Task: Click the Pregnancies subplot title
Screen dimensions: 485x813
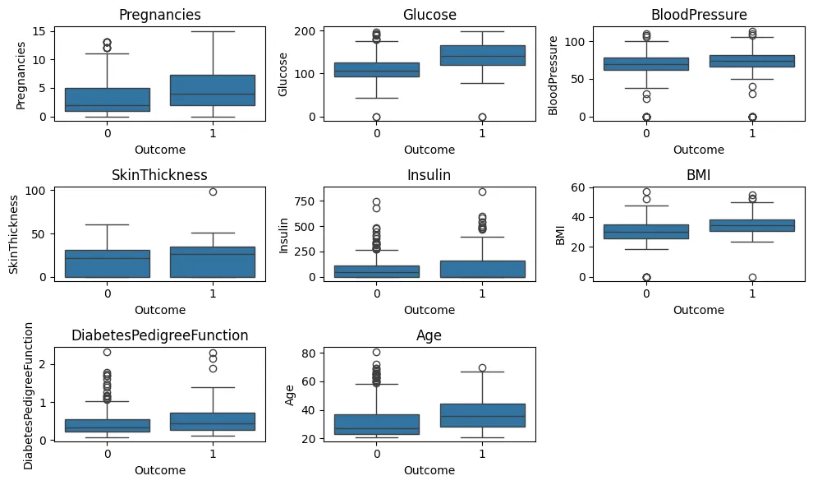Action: click(159, 15)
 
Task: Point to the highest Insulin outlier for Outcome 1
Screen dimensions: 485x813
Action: click(482, 192)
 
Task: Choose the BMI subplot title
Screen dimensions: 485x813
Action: click(699, 175)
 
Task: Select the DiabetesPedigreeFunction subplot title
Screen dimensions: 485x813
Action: click(159, 335)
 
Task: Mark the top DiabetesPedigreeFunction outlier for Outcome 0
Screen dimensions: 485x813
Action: click(107, 352)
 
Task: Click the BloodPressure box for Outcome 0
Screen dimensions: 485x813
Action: click(646, 63)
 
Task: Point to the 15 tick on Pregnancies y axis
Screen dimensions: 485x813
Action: click(42, 31)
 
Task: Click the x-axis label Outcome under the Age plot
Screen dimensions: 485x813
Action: click(429, 470)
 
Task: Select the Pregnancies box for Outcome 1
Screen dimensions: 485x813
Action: click(212, 90)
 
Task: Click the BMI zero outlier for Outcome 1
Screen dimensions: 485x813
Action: click(751, 277)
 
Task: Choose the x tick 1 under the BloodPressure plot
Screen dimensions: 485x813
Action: click(751, 133)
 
